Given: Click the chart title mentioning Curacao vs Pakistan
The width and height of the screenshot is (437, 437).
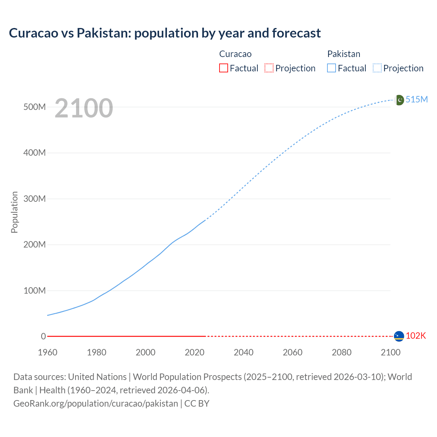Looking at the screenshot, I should click(165, 33).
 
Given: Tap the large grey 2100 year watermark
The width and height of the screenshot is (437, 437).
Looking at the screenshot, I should click(84, 108).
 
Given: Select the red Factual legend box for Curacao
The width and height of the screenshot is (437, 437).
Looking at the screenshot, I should click(223, 68).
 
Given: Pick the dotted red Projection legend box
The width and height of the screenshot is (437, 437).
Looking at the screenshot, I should click(269, 68).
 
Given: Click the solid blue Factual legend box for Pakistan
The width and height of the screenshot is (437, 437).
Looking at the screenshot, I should click(331, 68).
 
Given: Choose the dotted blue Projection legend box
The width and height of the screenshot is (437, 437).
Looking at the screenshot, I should click(377, 68).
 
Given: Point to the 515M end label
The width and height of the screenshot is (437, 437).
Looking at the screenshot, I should click(417, 99).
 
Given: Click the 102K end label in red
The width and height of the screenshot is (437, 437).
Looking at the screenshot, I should click(416, 336).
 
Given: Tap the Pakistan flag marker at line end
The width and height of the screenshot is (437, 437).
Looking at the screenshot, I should click(399, 100).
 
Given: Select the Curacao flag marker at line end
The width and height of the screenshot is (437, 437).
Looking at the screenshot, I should click(399, 336).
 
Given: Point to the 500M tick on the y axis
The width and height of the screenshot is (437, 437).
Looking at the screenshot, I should click(34, 107).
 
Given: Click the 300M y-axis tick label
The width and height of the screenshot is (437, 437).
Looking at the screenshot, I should click(34, 199).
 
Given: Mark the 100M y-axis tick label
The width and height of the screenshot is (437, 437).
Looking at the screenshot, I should click(34, 291).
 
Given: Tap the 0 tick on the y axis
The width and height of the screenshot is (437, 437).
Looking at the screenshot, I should click(43, 336).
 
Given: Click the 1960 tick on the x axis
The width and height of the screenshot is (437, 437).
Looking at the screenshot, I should click(47, 352).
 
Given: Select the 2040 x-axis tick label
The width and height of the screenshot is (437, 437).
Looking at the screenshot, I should click(243, 352).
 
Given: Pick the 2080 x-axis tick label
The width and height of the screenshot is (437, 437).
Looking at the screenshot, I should click(341, 352).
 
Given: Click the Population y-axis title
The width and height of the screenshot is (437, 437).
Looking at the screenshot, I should click(14, 212).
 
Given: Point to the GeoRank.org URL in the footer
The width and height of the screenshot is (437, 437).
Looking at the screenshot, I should click(96, 403).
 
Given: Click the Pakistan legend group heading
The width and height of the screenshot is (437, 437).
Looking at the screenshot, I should click(343, 54).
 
